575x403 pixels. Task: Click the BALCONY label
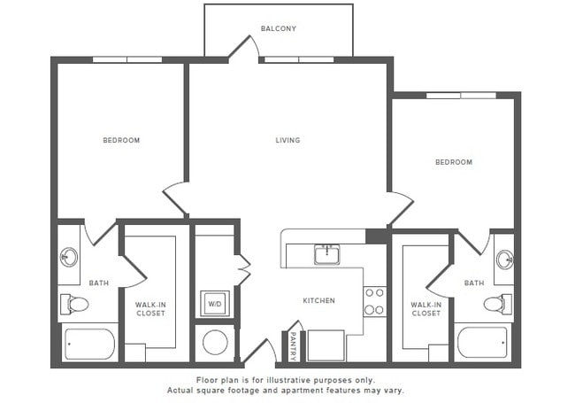tap(278, 28)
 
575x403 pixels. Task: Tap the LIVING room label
tap(287, 140)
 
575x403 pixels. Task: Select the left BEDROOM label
tap(121, 140)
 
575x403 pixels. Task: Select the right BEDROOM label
tap(453, 162)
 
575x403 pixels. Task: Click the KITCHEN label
tap(318, 300)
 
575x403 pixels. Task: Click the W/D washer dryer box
tap(214, 304)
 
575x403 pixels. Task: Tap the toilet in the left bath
tap(75, 305)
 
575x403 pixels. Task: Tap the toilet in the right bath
tap(496, 304)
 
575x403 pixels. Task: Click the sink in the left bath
tap(69, 258)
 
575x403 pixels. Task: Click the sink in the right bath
tap(504, 260)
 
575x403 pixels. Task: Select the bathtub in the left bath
tap(88, 344)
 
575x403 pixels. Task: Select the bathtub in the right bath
tap(482, 343)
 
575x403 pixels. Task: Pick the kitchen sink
tap(326, 255)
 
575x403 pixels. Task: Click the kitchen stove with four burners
tap(375, 300)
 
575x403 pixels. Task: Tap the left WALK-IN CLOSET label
tap(150, 309)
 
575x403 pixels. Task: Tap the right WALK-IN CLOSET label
tap(425, 309)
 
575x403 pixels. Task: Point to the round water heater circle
tap(214, 343)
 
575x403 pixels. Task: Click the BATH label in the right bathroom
tap(474, 283)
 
